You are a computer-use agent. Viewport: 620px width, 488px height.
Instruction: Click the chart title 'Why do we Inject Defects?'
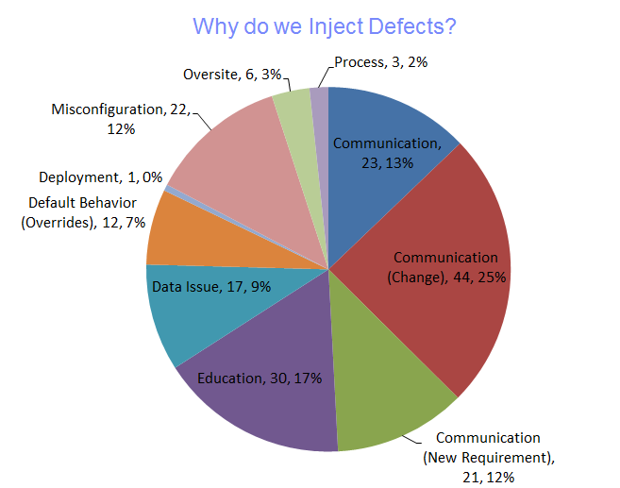325,25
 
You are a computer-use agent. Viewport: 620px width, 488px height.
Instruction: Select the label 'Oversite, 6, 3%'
230,75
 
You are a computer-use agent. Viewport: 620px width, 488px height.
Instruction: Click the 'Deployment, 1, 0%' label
100,177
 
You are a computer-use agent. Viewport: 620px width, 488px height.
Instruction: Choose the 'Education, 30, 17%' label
260,379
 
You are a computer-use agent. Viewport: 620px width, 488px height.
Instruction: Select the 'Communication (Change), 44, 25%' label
445,267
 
